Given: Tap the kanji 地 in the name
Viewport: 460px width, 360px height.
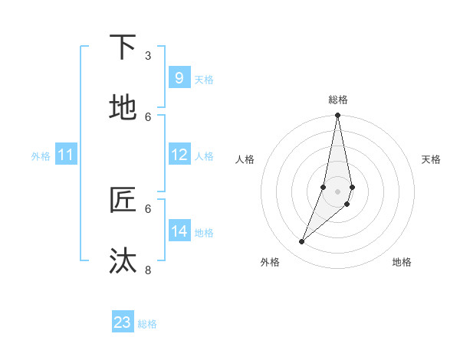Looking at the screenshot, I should (x=123, y=108).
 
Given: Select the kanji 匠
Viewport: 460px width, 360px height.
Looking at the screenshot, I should (x=123, y=200).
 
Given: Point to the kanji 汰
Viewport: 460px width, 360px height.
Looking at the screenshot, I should (x=123, y=261).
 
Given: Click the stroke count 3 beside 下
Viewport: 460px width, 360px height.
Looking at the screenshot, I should (x=148, y=55).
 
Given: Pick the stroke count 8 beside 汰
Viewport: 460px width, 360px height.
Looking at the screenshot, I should (x=148, y=270).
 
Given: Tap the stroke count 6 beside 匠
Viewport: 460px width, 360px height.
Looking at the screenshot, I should (x=148, y=208).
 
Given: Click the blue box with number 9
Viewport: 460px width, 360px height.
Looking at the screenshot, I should (x=179, y=78).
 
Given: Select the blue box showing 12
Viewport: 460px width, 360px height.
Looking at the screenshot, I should (x=179, y=155).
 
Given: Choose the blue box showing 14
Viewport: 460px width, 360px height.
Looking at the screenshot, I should (x=179, y=231).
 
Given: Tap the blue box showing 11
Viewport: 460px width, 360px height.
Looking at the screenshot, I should (x=66, y=155).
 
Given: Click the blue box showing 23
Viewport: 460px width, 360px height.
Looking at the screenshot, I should (x=123, y=322).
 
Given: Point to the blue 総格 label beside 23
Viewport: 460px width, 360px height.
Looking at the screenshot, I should (x=147, y=324).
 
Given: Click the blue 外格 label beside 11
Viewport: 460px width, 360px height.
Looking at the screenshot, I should (x=41, y=156).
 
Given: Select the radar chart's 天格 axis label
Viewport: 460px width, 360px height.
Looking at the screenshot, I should (x=431, y=159).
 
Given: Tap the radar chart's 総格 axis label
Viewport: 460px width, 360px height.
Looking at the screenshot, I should (x=338, y=100).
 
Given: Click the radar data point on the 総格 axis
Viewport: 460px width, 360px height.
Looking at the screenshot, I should (x=338, y=116).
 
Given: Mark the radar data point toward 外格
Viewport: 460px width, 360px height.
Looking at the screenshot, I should (x=301, y=242).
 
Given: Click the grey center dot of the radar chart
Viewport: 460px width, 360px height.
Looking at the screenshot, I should (x=338, y=191).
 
